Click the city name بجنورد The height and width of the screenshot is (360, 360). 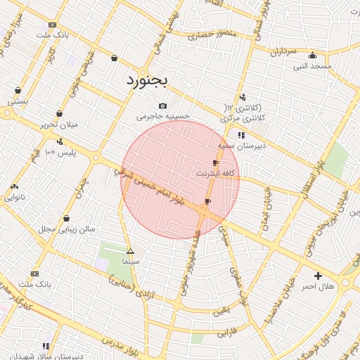[147, 80]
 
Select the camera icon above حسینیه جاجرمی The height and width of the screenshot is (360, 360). [163, 105]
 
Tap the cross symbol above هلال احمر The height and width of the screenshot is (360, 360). [318, 276]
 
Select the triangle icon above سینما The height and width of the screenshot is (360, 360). [130, 251]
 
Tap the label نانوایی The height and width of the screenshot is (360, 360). [15, 198]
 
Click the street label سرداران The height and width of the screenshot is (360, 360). [283, 51]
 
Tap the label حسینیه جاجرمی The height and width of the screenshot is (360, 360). [163, 116]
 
